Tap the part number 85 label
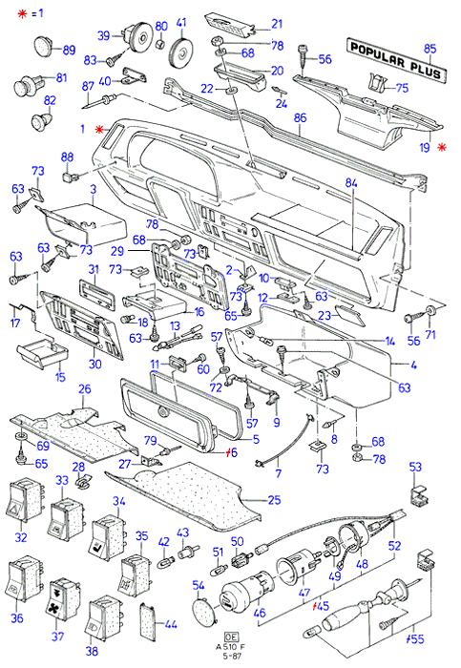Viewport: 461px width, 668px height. [x=430, y=49]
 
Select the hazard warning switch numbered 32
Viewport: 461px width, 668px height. [x=25, y=499]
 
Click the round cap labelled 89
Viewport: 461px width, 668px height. [x=44, y=46]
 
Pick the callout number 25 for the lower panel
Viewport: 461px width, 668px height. [x=274, y=499]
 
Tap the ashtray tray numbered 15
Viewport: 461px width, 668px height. [x=43, y=355]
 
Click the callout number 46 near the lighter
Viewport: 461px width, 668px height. [x=260, y=613]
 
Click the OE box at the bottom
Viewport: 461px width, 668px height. [x=231, y=637]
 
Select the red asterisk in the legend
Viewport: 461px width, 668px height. [x=22, y=13]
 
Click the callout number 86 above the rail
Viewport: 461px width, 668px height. [x=300, y=118]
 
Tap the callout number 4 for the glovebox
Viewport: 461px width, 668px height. [x=413, y=365]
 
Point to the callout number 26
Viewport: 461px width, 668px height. [x=85, y=388]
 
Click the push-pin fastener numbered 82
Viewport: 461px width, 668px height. [x=42, y=120]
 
